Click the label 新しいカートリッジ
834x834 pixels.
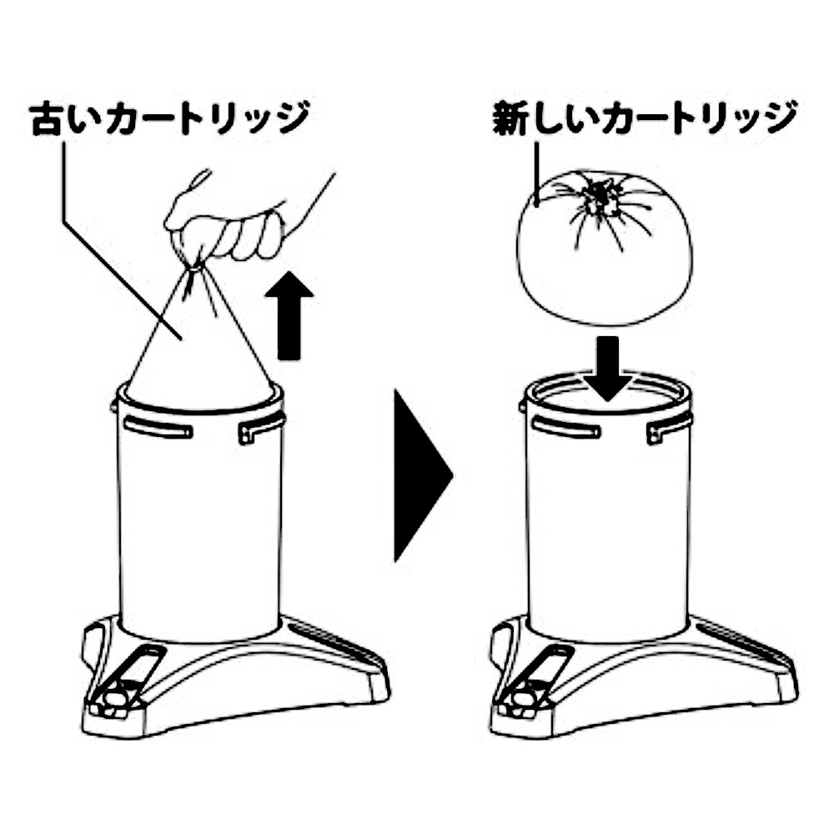643,122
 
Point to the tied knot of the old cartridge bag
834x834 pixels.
193,267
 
